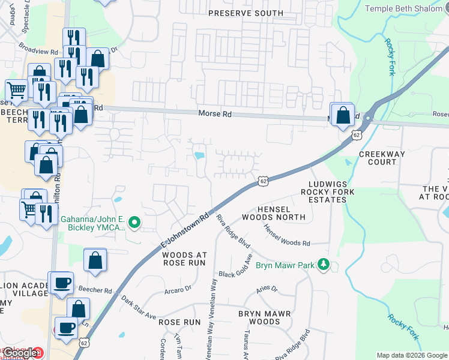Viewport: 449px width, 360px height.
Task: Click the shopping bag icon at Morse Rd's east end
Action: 342,115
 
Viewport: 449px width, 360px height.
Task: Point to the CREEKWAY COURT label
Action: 382,158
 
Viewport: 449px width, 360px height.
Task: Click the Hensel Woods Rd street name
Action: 286,236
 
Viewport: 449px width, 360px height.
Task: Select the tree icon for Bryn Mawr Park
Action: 324,265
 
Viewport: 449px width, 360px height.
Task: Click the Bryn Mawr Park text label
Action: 285,265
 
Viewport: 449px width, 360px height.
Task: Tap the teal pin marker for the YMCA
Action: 135,223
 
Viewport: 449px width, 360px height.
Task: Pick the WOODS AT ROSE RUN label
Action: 184,259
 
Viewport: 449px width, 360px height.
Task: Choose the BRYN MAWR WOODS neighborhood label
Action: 264,317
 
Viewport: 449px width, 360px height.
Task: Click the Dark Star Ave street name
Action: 138,307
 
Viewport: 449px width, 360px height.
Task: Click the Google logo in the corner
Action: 20,353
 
